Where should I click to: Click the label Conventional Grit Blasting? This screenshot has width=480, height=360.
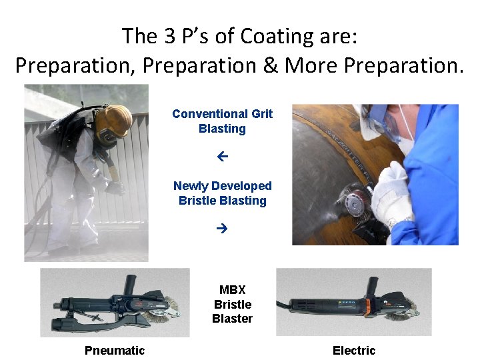pos(222,121)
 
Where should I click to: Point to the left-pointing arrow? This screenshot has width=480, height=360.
pos(223,157)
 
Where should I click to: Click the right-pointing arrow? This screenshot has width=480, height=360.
pos(223,229)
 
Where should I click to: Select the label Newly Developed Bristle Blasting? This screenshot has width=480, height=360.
pos(222,193)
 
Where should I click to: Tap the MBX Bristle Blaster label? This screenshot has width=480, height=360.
pos(232,305)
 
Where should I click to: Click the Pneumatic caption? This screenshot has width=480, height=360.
pos(115,350)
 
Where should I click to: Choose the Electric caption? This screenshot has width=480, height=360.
pos(354,350)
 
